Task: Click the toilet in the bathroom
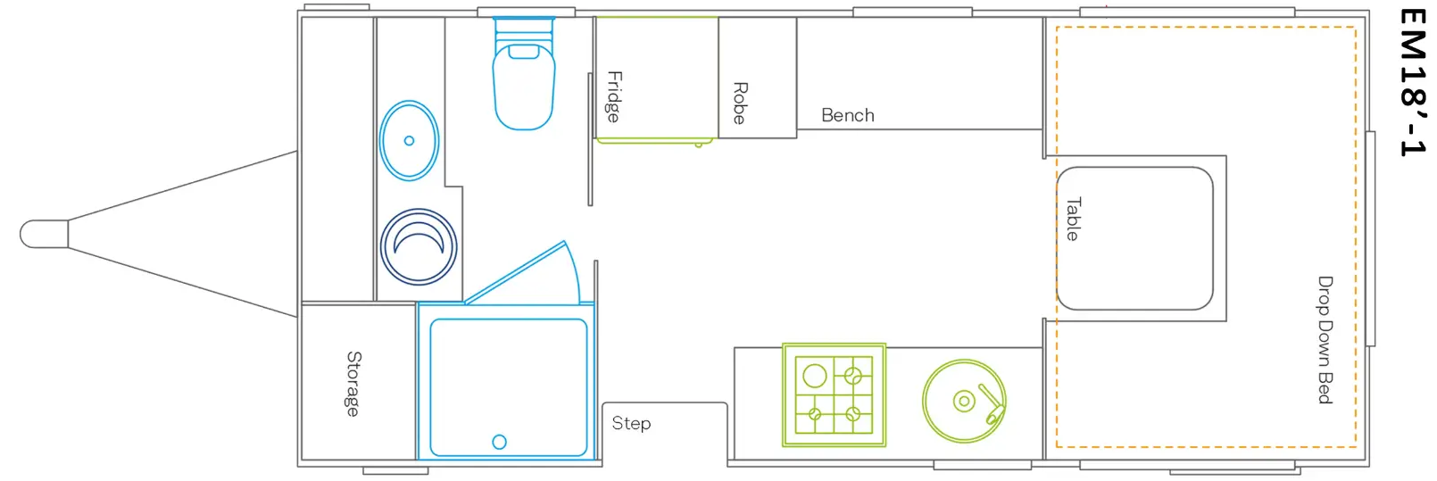(523, 74)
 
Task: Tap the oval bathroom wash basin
(410, 140)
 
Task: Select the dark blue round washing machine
(419, 246)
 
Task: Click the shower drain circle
(499, 442)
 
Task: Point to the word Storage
(353, 384)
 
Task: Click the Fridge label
(614, 97)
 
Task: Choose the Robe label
(740, 104)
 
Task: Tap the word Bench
(847, 115)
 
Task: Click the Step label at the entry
(631, 423)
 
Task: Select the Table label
(1073, 219)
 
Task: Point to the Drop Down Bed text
(1325, 340)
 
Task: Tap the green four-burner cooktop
(834, 394)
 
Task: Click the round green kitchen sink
(964, 401)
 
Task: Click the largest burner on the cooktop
(815, 376)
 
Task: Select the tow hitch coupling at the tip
(44, 234)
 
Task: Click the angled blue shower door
(523, 272)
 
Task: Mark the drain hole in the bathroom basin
(409, 140)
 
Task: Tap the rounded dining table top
(1134, 238)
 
